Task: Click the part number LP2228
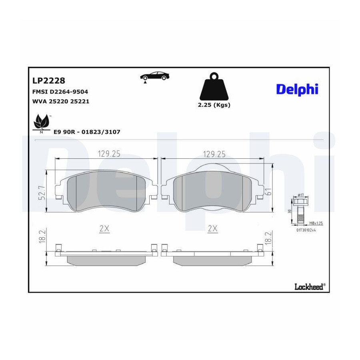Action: (49, 80)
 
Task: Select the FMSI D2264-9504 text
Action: (60, 92)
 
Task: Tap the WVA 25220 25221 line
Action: (61, 101)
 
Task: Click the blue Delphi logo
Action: (297, 89)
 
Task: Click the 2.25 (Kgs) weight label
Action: (214, 105)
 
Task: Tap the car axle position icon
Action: (154, 77)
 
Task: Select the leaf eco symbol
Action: (42, 124)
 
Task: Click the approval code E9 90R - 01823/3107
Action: (87, 132)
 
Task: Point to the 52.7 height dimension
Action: (42, 193)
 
